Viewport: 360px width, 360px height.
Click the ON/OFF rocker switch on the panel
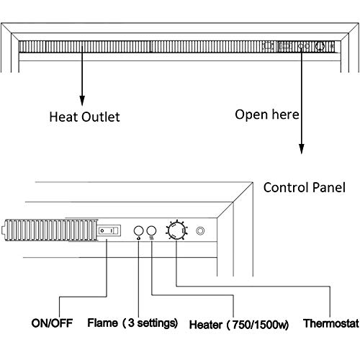[x=108, y=230]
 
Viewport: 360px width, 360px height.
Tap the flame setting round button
[x=138, y=230]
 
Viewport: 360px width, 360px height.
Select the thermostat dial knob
[x=175, y=231]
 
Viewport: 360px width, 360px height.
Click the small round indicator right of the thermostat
[x=201, y=232]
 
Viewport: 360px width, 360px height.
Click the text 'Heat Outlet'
[x=83, y=115]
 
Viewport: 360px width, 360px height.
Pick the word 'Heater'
[x=207, y=323]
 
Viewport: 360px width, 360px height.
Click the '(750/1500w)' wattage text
[x=255, y=323]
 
